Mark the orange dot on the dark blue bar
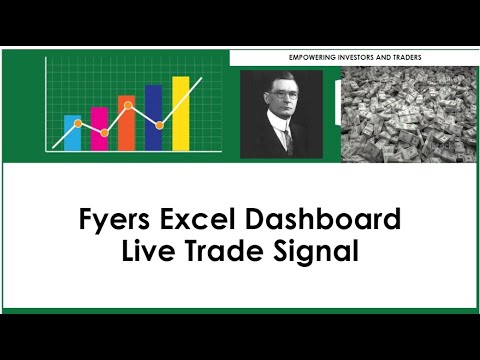(160, 126)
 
